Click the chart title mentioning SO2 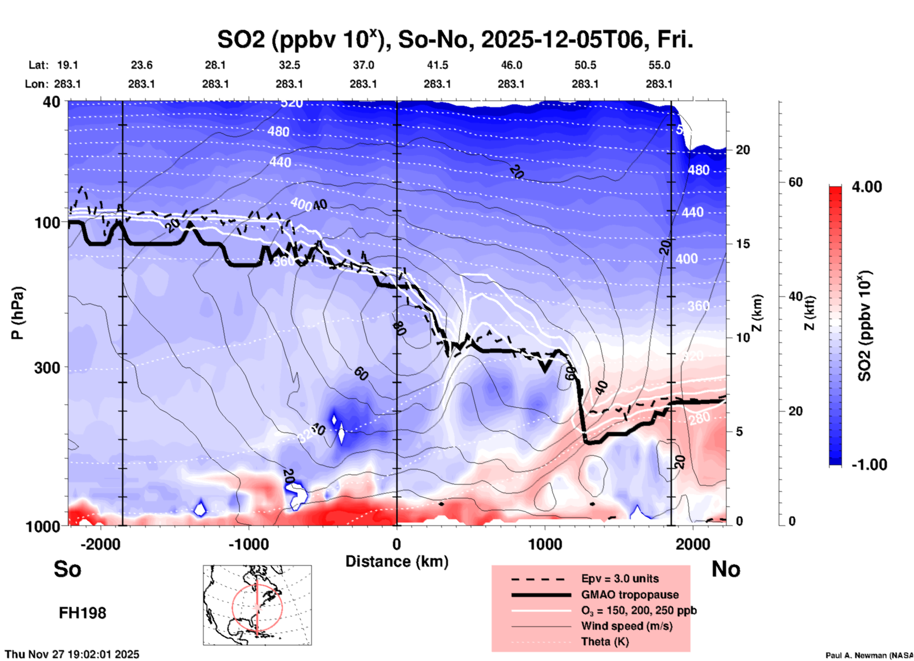point(455,39)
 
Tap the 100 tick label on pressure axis point(47,222)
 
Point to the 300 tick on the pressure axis point(47,367)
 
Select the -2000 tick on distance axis point(100,544)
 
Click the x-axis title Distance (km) point(397,561)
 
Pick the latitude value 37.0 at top point(363,65)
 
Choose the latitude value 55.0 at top point(659,65)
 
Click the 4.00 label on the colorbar point(867,187)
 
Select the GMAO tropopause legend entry point(630,595)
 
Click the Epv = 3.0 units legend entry point(620,578)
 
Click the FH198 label point(83,613)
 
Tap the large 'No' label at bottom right point(726,569)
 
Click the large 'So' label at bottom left point(67,569)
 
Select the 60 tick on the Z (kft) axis point(795,182)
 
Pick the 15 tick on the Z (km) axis point(743,244)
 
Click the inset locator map point(257,605)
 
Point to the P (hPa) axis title point(17,313)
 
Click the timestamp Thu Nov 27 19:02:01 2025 point(72,654)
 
